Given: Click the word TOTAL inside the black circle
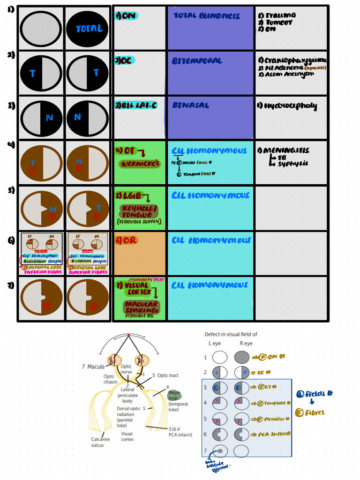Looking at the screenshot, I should click(x=89, y=29).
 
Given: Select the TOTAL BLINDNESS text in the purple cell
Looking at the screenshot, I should click(x=206, y=16).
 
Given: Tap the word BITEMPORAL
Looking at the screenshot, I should click(x=197, y=61).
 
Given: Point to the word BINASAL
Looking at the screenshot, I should click(x=191, y=105).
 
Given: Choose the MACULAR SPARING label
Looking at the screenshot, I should click(x=141, y=307).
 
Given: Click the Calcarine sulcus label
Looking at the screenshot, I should click(x=101, y=442).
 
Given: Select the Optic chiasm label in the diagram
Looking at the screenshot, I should click(x=109, y=379).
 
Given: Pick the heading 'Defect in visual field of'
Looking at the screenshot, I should click(x=231, y=334).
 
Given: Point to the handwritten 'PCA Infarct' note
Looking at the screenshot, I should click(x=273, y=434).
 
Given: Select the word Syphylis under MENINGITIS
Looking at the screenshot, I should click(x=292, y=164).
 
